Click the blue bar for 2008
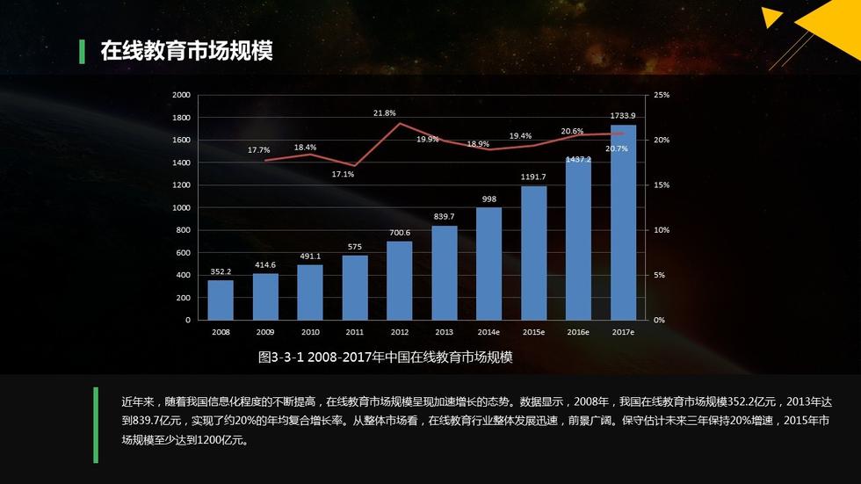(221, 300)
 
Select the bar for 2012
(400, 280)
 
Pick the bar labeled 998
(488, 264)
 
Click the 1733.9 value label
(623, 116)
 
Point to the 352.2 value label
(221, 271)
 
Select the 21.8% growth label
(384, 113)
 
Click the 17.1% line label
(343, 174)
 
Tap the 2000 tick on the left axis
(181, 95)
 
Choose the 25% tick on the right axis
(662, 95)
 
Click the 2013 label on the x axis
(444, 333)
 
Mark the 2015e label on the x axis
(533, 333)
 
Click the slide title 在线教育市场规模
(186, 51)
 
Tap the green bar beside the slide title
(83, 51)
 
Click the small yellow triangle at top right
(771, 17)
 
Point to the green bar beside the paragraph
(96, 424)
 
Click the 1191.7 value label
(533, 177)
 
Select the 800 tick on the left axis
(183, 230)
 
